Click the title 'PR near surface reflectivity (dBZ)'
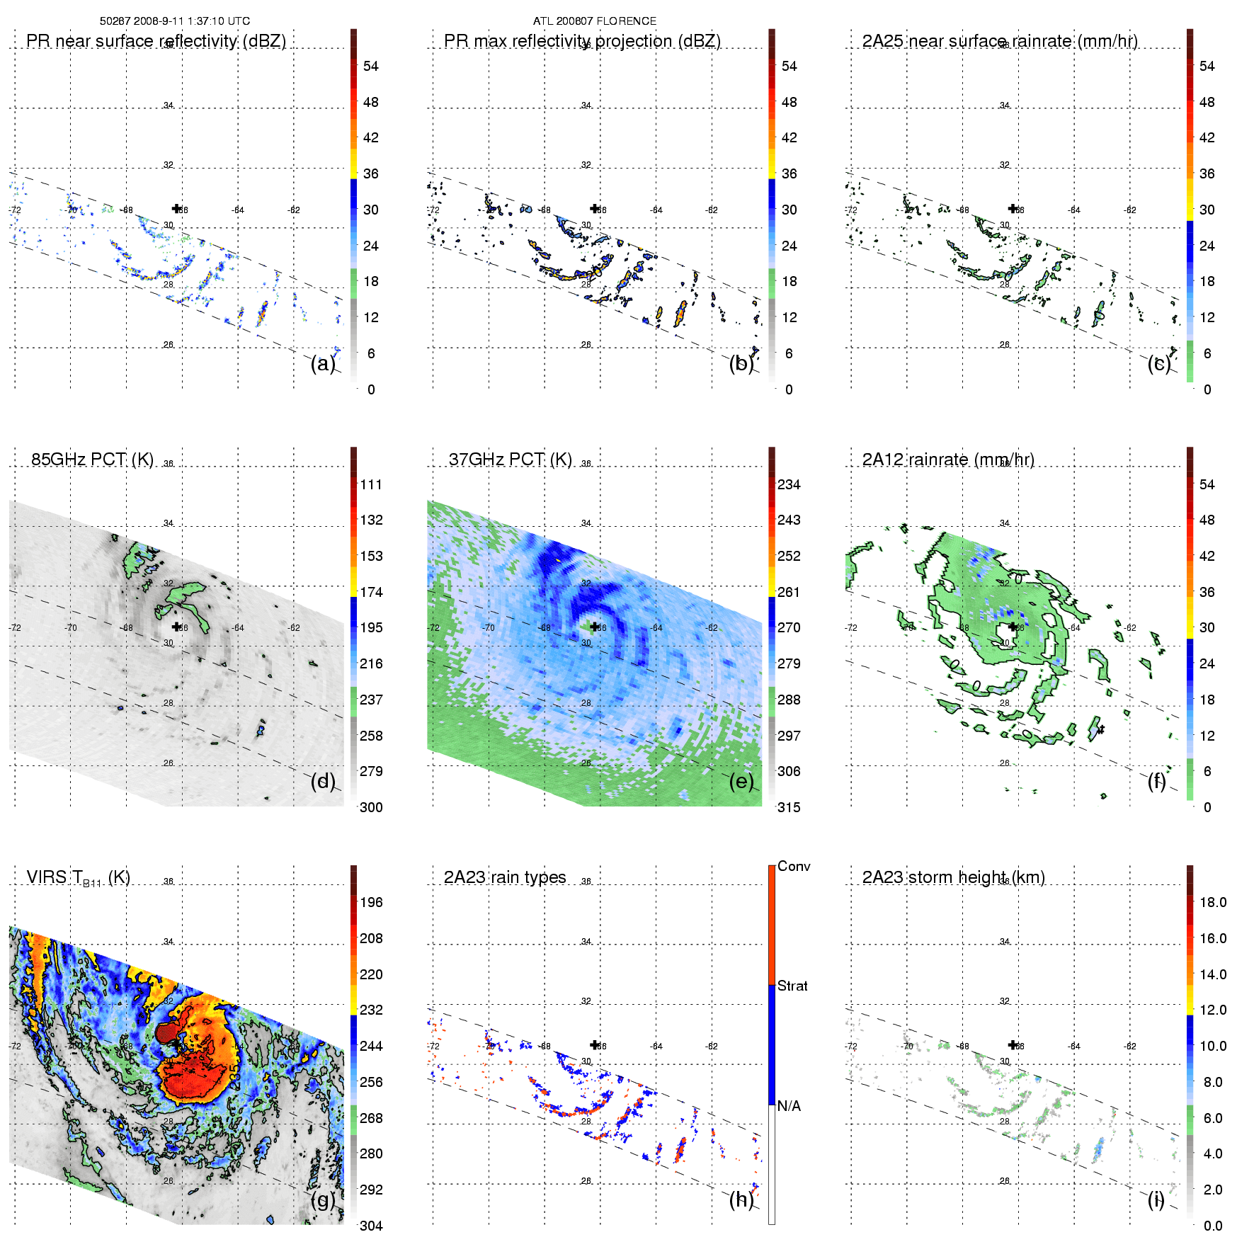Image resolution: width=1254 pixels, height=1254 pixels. (x=156, y=41)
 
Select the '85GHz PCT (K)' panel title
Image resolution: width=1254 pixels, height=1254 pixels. (x=92, y=459)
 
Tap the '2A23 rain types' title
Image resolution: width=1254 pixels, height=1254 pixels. (x=505, y=877)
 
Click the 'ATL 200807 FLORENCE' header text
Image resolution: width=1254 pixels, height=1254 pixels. (x=595, y=21)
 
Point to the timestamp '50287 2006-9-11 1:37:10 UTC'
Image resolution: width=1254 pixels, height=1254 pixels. (x=175, y=21)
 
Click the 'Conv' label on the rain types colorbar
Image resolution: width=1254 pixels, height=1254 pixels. (x=794, y=866)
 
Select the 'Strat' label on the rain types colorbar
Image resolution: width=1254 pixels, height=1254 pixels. (x=792, y=986)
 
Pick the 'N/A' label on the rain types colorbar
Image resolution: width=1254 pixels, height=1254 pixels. (x=789, y=1106)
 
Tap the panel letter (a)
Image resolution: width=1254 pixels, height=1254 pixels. (x=322, y=363)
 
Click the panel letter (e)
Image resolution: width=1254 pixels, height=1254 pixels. (x=741, y=781)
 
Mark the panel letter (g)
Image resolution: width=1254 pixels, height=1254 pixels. (x=322, y=1199)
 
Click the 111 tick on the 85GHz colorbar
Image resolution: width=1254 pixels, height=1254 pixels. (x=371, y=484)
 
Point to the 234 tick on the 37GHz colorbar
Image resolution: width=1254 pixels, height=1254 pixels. (x=789, y=484)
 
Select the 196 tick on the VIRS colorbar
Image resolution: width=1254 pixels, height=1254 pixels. (x=371, y=902)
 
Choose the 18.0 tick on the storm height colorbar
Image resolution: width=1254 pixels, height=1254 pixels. (x=1213, y=902)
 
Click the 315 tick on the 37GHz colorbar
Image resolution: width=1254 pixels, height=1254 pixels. (x=789, y=807)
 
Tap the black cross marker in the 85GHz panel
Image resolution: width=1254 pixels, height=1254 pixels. (x=176, y=627)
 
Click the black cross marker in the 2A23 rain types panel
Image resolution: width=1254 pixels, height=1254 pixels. (x=595, y=1044)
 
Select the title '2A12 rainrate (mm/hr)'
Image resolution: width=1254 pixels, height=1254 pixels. (x=948, y=460)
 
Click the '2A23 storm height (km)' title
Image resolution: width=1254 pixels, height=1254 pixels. (x=953, y=877)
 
